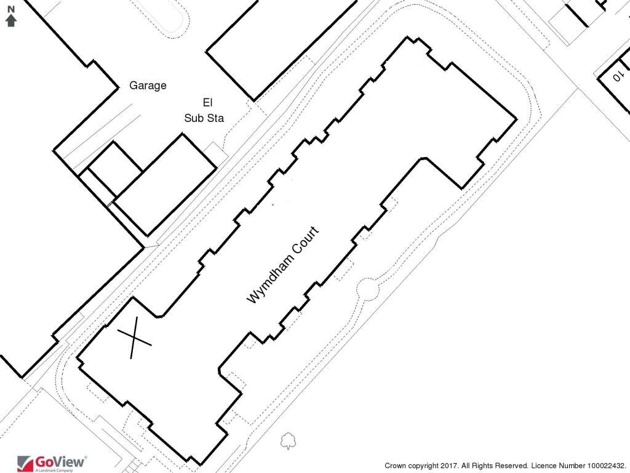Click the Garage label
[148, 86]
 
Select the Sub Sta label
[204, 118]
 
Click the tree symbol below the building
[287, 441]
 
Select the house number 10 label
[616, 77]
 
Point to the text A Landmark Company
[54, 471]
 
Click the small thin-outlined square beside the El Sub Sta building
[212, 148]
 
